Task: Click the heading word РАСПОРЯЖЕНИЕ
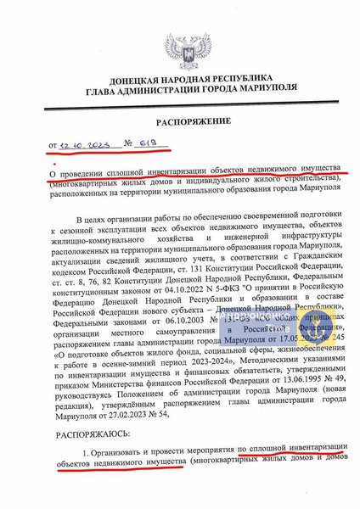(x=179, y=121)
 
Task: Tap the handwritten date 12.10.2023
(x=86, y=146)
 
